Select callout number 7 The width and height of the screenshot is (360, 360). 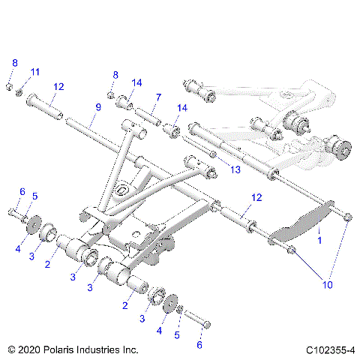click(157, 97)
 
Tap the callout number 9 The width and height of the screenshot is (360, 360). click(97, 108)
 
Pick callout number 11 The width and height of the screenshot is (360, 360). click(34, 72)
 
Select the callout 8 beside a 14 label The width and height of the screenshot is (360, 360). click(115, 75)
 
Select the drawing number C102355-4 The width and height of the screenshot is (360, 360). click(330, 349)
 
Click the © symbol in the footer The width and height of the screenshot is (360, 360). click(10, 349)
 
